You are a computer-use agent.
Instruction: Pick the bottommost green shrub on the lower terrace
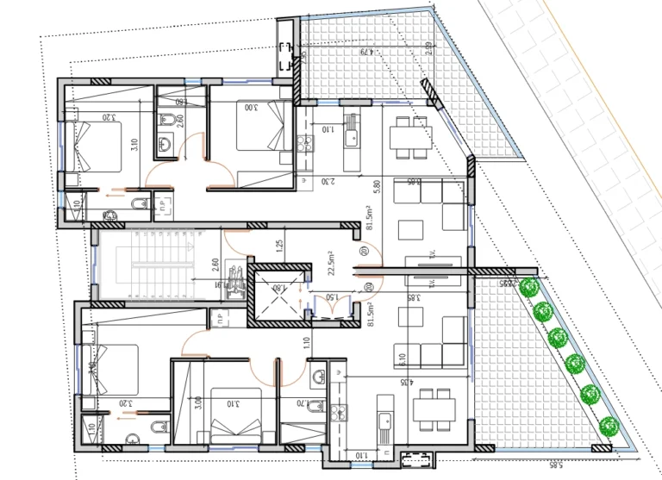pos(609,425)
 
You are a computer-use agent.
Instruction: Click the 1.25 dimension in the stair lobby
pos(279,246)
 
